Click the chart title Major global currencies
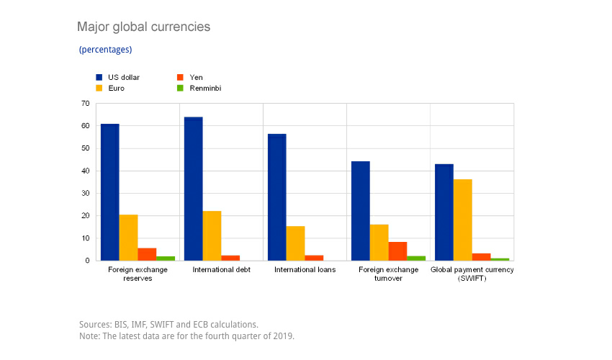[143, 27]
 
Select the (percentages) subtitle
[105, 50]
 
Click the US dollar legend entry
[118, 76]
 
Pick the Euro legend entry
[112, 88]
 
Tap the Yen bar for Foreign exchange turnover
[397, 251]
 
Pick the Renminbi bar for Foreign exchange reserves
[166, 258]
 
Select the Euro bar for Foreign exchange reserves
[128, 238]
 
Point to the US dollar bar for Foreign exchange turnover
[360, 211]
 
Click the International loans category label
[305, 270]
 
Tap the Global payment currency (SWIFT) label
[472, 274]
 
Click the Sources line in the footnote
[168, 325]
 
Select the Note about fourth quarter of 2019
[186, 336]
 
